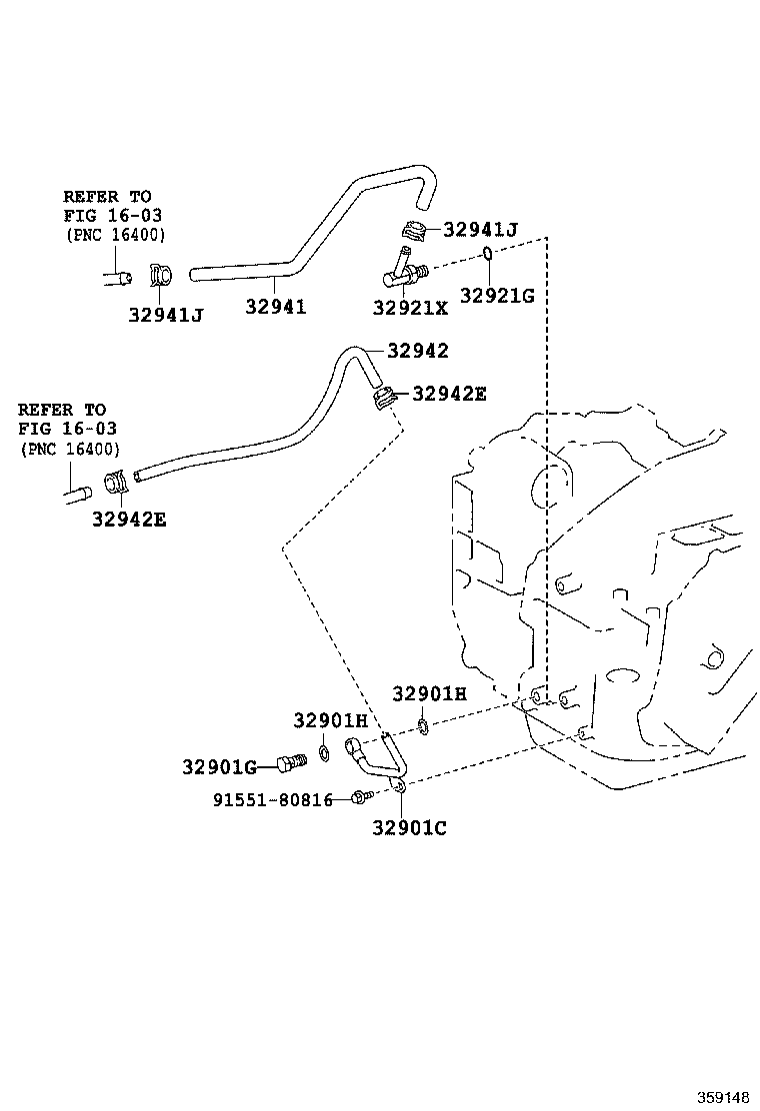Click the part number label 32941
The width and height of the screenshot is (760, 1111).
click(x=275, y=308)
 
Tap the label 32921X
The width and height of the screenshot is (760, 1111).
click(x=410, y=309)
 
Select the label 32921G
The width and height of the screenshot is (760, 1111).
click(x=497, y=295)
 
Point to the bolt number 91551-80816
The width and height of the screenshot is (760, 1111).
click(x=272, y=799)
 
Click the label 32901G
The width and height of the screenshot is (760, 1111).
click(x=219, y=766)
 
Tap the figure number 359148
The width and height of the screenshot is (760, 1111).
click(x=722, y=1096)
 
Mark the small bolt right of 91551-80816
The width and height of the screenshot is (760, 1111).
click(x=361, y=797)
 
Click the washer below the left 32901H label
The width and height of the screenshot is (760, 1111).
click(x=325, y=751)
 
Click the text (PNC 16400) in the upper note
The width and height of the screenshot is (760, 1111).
click(x=116, y=235)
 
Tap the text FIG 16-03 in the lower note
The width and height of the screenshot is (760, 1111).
click(x=68, y=430)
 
